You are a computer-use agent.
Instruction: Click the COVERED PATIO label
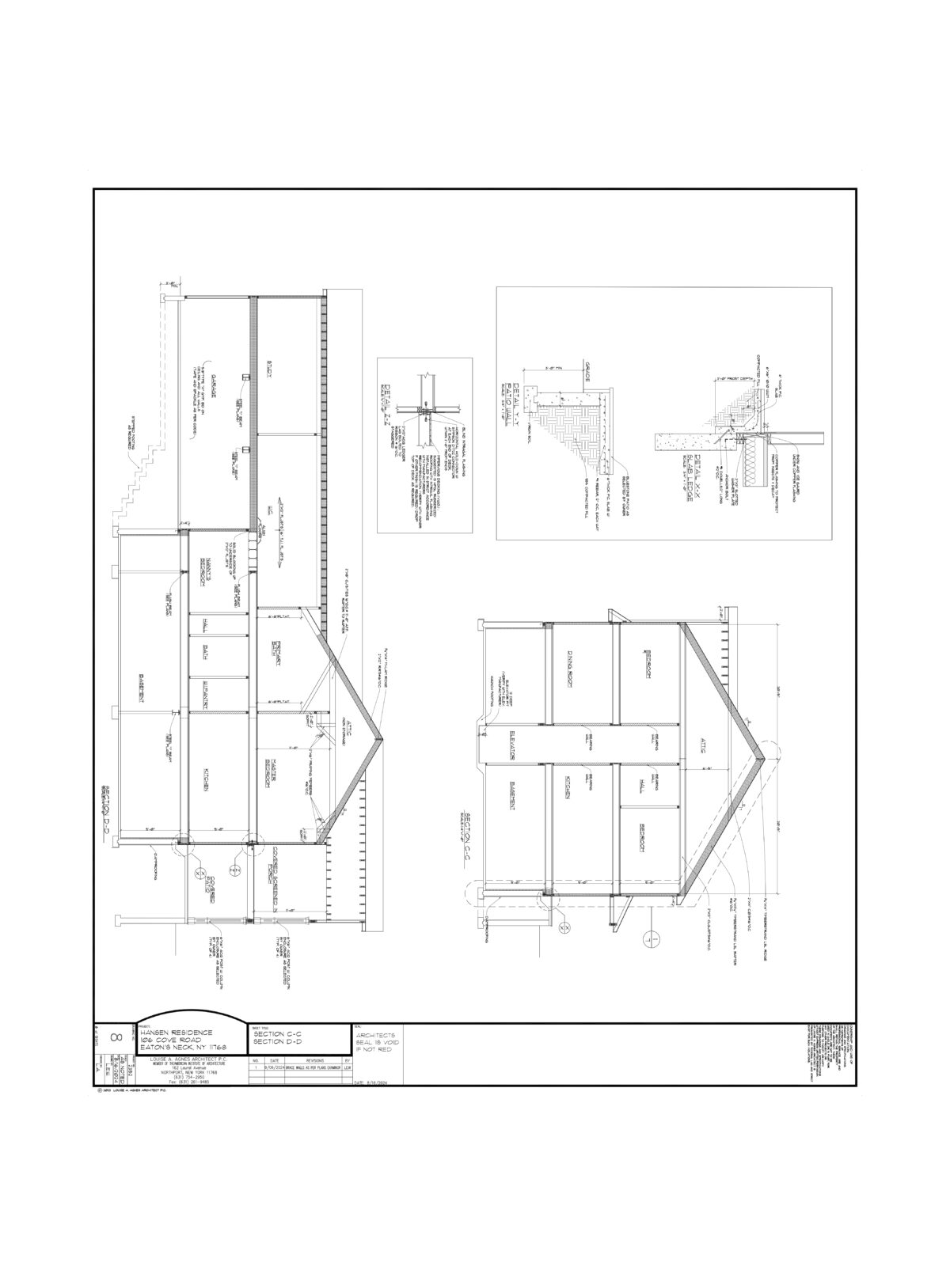[x=209, y=882]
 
